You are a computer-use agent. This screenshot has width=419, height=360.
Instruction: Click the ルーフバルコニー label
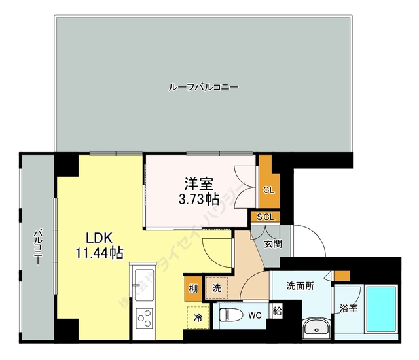(x=203, y=86)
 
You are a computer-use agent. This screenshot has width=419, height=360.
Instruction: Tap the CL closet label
(x=268, y=190)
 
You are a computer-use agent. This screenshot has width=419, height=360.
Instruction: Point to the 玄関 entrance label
(x=273, y=243)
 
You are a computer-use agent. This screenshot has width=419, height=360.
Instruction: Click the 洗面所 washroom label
(x=301, y=286)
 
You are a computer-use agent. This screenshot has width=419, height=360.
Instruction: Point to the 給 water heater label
(x=277, y=311)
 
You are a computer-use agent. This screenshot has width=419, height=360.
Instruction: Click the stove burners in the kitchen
(x=143, y=321)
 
